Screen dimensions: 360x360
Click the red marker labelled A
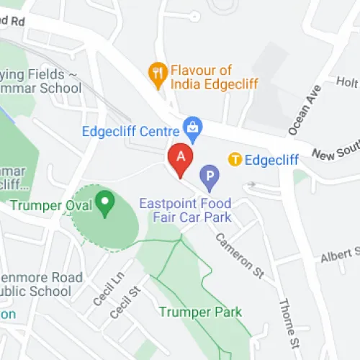[x=180, y=158]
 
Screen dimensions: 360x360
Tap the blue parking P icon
[x=209, y=174]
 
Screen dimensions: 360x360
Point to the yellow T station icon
[x=235, y=159]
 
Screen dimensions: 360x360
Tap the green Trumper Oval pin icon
[x=107, y=204]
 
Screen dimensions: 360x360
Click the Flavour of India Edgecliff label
[x=214, y=77]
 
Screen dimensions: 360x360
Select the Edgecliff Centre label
[x=132, y=131]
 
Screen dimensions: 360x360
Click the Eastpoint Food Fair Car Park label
[x=186, y=210]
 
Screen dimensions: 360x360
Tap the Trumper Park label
[x=200, y=312]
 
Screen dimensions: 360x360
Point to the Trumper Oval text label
[x=53, y=206]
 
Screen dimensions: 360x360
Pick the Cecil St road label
[x=124, y=303]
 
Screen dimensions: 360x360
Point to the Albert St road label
[x=340, y=254]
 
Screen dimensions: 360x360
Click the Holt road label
[x=347, y=83]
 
